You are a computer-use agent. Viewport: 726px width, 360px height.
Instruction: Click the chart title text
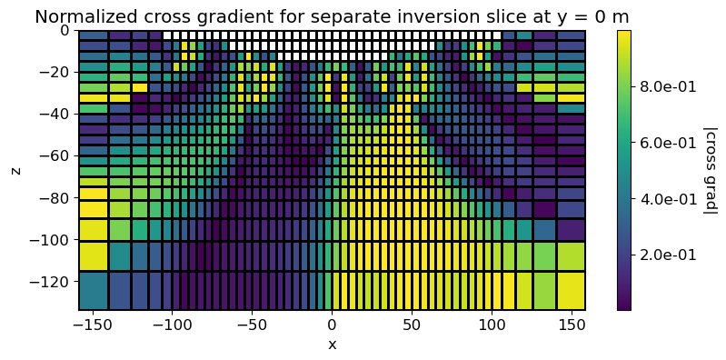[x=332, y=15]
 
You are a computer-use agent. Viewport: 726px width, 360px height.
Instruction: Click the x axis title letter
[x=332, y=345]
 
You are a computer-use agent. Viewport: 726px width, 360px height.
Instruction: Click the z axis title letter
[x=15, y=170]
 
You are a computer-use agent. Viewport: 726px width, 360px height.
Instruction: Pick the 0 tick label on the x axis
[x=332, y=325]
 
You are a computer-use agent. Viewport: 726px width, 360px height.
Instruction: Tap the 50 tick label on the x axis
[x=412, y=325]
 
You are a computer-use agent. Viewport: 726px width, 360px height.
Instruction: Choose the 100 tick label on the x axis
[x=492, y=325]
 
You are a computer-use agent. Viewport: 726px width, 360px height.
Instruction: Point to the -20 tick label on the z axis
[x=57, y=72]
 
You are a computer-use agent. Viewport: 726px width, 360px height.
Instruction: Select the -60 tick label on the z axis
[x=57, y=155]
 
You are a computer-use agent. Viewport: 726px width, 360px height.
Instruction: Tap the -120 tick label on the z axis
[x=54, y=282]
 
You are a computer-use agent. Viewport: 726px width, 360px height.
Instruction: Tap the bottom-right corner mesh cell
[x=572, y=290]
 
